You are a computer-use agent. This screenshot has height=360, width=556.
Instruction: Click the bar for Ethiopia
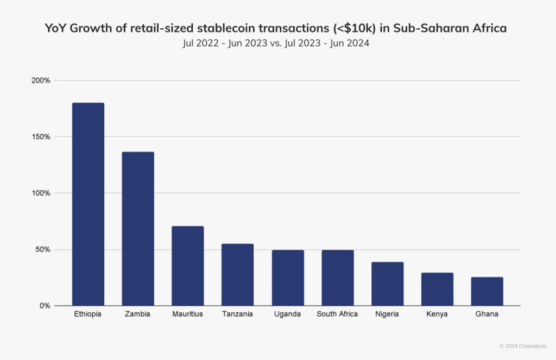(88, 204)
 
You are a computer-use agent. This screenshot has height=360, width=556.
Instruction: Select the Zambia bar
(138, 229)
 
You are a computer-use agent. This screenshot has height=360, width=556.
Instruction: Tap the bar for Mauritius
(188, 266)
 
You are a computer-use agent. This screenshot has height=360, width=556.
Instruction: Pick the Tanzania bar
(237, 275)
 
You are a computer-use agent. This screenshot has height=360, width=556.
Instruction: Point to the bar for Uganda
(288, 278)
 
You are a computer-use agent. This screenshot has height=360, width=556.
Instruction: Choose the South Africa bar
(337, 278)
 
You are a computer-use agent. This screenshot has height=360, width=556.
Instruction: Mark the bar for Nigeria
(387, 284)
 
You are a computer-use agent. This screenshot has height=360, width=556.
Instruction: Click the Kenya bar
(437, 289)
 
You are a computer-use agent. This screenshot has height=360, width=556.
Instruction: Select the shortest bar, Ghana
(487, 292)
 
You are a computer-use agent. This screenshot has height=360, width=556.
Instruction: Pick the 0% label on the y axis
(45, 306)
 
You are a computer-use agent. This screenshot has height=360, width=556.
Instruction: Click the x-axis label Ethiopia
(88, 314)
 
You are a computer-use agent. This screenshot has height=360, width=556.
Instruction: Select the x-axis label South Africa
(337, 314)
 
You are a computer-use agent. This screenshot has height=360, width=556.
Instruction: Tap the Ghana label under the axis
(487, 314)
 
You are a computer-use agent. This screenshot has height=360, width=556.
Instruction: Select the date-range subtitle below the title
(276, 44)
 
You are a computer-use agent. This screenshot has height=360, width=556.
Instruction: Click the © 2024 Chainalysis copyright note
(523, 345)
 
